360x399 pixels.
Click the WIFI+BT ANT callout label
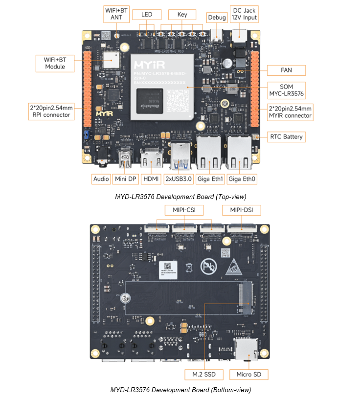pyautogui.click(x=116, y=14)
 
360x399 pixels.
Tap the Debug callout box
pyautogui.click(x=217, y=18)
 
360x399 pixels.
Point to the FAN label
pyautogui.click(x=286, y=70)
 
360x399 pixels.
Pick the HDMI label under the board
pyautogui.click(x=151, y=179)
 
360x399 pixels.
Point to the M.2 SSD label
pyautogui.click(x=204, y=375)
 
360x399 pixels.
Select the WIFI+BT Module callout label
pyautogui.click(x=55, y=63)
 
